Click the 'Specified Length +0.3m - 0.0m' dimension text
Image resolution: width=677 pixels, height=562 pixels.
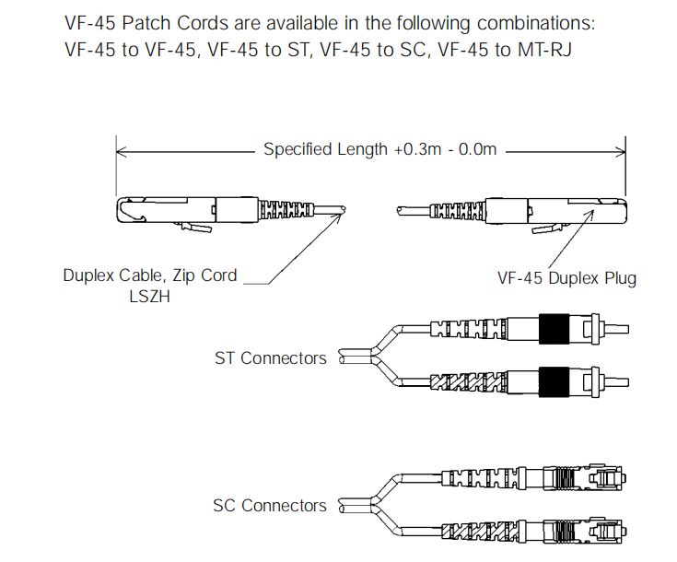pos(379,148)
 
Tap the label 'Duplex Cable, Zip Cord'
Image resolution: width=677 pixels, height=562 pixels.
pos(149,275)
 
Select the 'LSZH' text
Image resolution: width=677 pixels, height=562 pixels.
pos(149,297)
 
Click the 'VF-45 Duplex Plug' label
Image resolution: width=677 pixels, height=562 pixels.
pos(566,278)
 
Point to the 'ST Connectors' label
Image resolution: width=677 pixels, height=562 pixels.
pos(271,357)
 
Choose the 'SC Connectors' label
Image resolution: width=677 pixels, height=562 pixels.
pos(270,505)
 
